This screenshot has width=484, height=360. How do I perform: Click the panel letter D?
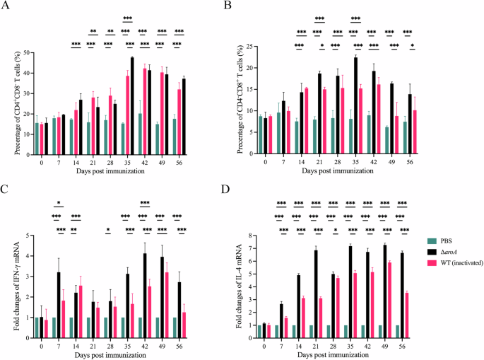[247, 189]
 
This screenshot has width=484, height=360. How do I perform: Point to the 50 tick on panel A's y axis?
[28, 53]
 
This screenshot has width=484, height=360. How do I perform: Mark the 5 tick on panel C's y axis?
[28, 236]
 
